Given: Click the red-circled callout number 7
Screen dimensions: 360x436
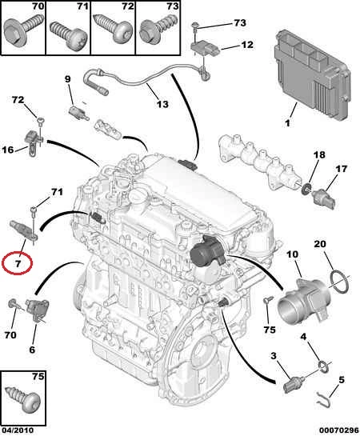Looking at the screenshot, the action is (x=18, y=263).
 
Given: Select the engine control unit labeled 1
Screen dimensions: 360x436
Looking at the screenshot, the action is (x=311, y=74).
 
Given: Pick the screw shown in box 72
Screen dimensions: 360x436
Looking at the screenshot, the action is (x=113, y=30).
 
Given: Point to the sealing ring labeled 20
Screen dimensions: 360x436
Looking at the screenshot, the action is (x=340, y=282).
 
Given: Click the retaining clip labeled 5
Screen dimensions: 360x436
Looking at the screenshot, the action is (x=323, y=400).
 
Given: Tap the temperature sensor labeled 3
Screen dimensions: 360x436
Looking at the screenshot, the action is (x=293, y=384).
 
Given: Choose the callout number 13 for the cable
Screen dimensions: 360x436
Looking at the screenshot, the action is (x=162, y=104).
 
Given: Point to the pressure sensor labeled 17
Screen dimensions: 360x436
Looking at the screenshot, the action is (x=325, y=198).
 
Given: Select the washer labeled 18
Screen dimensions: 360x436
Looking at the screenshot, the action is (x=306, y=188).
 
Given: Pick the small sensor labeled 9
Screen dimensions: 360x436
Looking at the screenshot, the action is (x=78, y=112).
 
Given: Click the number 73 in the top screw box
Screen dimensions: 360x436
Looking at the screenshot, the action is (x=172, y=6).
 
